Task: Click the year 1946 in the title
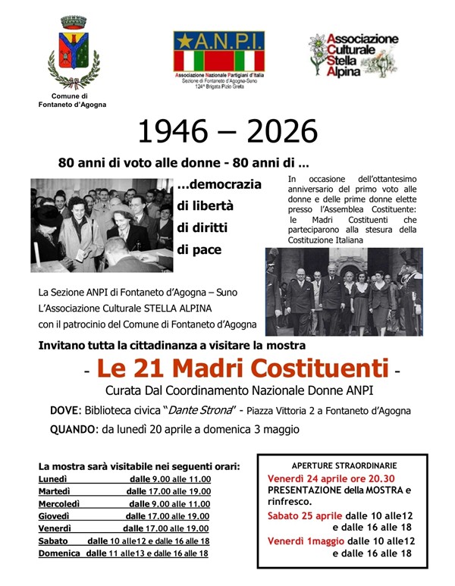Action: [x=172, y=132]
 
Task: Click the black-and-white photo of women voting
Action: [x=101, y=225]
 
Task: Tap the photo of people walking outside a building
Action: [x=344, y=291]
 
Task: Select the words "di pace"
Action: [x=200, y=248]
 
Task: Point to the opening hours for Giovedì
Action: [x=168, y=516]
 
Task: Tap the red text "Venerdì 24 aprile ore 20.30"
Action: [x=331, y=478]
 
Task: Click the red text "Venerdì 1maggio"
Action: [x=307, y=541]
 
